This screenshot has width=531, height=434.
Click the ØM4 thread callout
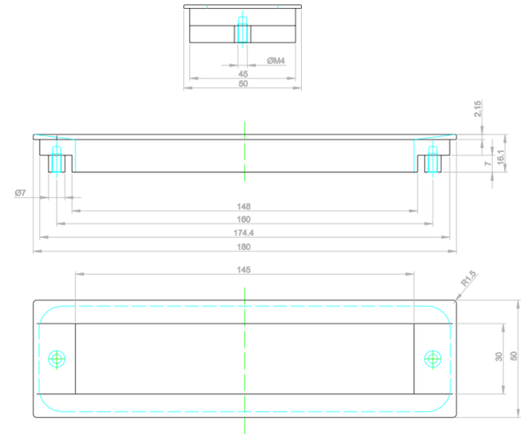[x=276, y=61]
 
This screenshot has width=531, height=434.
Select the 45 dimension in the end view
[x=243, y=74]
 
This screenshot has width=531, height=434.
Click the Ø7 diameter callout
[x=20, y=193]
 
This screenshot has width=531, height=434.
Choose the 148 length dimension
[x=244, y=207]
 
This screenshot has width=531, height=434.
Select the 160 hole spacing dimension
[x=244, y=219]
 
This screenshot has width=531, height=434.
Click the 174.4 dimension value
[x=244, y=232]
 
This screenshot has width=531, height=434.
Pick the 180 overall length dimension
[x=244, y=246]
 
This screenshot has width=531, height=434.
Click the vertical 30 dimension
[x=499, y=357]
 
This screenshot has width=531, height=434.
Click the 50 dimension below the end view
[x=243, y=84]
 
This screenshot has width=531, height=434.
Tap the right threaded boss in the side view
[x=433, y=162]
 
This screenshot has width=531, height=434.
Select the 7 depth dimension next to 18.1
[x=487, y=164]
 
